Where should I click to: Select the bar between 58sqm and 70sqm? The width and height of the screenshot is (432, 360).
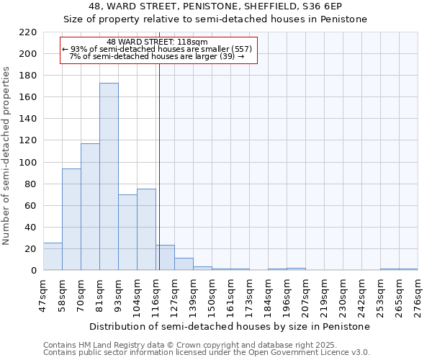coord(71,220)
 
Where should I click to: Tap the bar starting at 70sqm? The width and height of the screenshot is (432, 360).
coord(90,207)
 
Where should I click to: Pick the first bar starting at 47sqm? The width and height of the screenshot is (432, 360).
coord(53,256)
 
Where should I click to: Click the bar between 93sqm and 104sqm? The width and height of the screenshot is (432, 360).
coord(127,232)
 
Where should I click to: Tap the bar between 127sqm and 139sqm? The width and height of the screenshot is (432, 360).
coord(184,264)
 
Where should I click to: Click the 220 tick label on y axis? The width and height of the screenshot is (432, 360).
coord(28,32)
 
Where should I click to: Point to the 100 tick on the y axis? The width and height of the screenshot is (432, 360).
coord(28,163)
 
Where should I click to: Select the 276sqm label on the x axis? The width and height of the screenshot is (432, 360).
coord(418,295)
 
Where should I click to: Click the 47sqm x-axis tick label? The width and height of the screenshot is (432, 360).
coord(43,295)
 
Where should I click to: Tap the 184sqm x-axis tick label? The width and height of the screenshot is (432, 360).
coord(268,295)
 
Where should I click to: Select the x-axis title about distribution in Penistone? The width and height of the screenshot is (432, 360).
coord(230,326)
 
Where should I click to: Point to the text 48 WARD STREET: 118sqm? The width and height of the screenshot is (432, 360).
coord(156,42)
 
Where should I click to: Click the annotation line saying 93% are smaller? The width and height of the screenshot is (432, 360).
coord(156,49)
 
